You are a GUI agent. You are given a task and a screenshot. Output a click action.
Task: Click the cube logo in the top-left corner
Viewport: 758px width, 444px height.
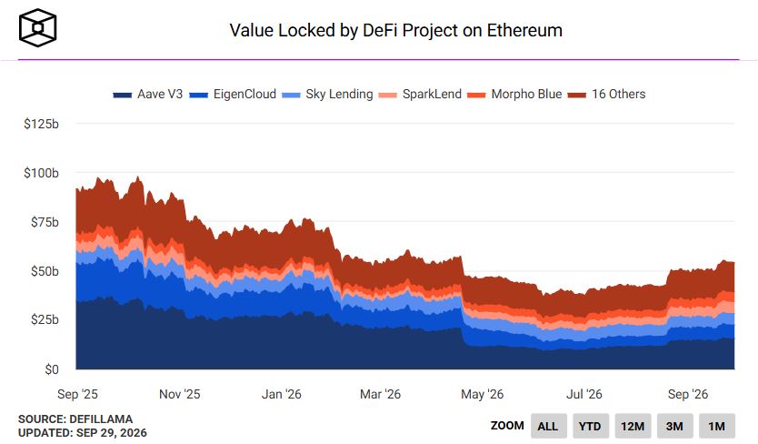(x=37, y=27)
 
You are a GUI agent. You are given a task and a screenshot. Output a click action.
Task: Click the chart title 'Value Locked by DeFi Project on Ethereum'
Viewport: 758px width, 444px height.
(x=395, y=31)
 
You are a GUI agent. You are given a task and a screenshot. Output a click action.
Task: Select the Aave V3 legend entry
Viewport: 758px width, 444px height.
(x=147, y=94)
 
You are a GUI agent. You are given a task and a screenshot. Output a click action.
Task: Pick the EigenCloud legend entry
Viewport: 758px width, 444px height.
(x=233, y=94)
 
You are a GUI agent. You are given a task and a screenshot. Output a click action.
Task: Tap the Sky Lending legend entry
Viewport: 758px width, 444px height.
(x=327, y=94)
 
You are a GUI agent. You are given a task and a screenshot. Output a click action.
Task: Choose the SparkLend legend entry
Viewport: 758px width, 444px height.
(x=420, y=94)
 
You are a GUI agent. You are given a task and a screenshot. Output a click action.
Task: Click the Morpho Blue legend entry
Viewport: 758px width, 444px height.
(x=514, y=94)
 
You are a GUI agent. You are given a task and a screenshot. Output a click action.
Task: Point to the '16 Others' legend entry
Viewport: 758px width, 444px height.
(x=606, y=94)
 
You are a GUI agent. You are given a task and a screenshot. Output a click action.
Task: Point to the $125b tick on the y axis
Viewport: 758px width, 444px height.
(x=41, y=124)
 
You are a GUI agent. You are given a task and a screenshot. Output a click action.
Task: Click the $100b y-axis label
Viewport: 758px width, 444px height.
(x=41, y=173)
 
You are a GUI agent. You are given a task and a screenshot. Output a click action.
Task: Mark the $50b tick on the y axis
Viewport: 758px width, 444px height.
(x=45, y=270)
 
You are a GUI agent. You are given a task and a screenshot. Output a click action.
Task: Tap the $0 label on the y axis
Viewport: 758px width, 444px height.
(x=51, y=369)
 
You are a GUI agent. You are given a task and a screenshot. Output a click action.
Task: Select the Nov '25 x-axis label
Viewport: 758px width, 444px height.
(x=179, y=394)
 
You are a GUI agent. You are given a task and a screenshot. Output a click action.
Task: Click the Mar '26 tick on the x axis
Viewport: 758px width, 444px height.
(x=380, y=394)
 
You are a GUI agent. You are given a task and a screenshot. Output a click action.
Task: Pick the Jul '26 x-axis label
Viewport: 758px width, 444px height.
(x=584, y=394)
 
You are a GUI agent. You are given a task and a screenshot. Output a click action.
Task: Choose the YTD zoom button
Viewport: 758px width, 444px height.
(x=590, y=426)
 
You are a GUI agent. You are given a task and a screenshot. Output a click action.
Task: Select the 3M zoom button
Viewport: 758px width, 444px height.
(x=674, y=426)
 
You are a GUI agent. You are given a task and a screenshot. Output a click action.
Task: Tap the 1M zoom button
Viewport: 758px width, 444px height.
(x=717, y=426)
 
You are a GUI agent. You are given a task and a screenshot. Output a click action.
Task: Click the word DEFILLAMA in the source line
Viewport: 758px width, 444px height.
(x=101, y=419)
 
